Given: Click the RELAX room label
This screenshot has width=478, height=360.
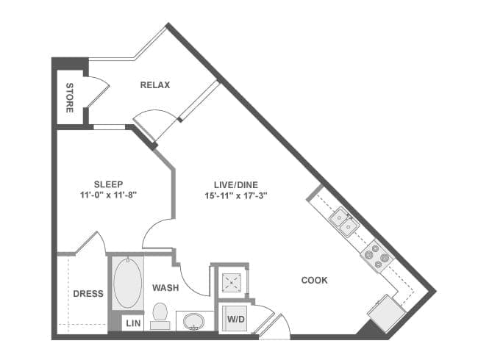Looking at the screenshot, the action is click(155, 85).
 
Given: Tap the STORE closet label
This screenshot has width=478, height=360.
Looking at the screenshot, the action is click(70, 98).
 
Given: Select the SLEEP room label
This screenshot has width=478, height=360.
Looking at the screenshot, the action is click(109, 184).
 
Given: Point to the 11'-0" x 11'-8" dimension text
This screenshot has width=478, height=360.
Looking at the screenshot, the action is click(108, 195).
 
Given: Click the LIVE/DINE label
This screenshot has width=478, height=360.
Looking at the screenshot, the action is click(236, 185).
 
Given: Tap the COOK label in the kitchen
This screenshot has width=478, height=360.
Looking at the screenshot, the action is click(314, 280).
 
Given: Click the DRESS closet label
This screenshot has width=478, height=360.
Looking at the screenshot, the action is click(88, 294).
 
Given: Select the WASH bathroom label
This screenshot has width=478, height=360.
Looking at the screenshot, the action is click(165, 287).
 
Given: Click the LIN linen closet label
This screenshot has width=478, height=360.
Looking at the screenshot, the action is click(133, 323).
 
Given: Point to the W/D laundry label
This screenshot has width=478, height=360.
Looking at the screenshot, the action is click(236, 320).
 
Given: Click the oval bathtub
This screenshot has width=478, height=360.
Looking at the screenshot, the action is click(127, 283).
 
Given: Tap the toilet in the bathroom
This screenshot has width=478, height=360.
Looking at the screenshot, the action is click(160, 315).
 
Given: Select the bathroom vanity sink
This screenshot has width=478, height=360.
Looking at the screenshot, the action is click(193, 322).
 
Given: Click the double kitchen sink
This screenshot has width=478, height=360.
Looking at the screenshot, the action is click(344, 222).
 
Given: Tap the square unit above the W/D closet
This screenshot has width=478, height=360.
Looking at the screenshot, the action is click(232, 282).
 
